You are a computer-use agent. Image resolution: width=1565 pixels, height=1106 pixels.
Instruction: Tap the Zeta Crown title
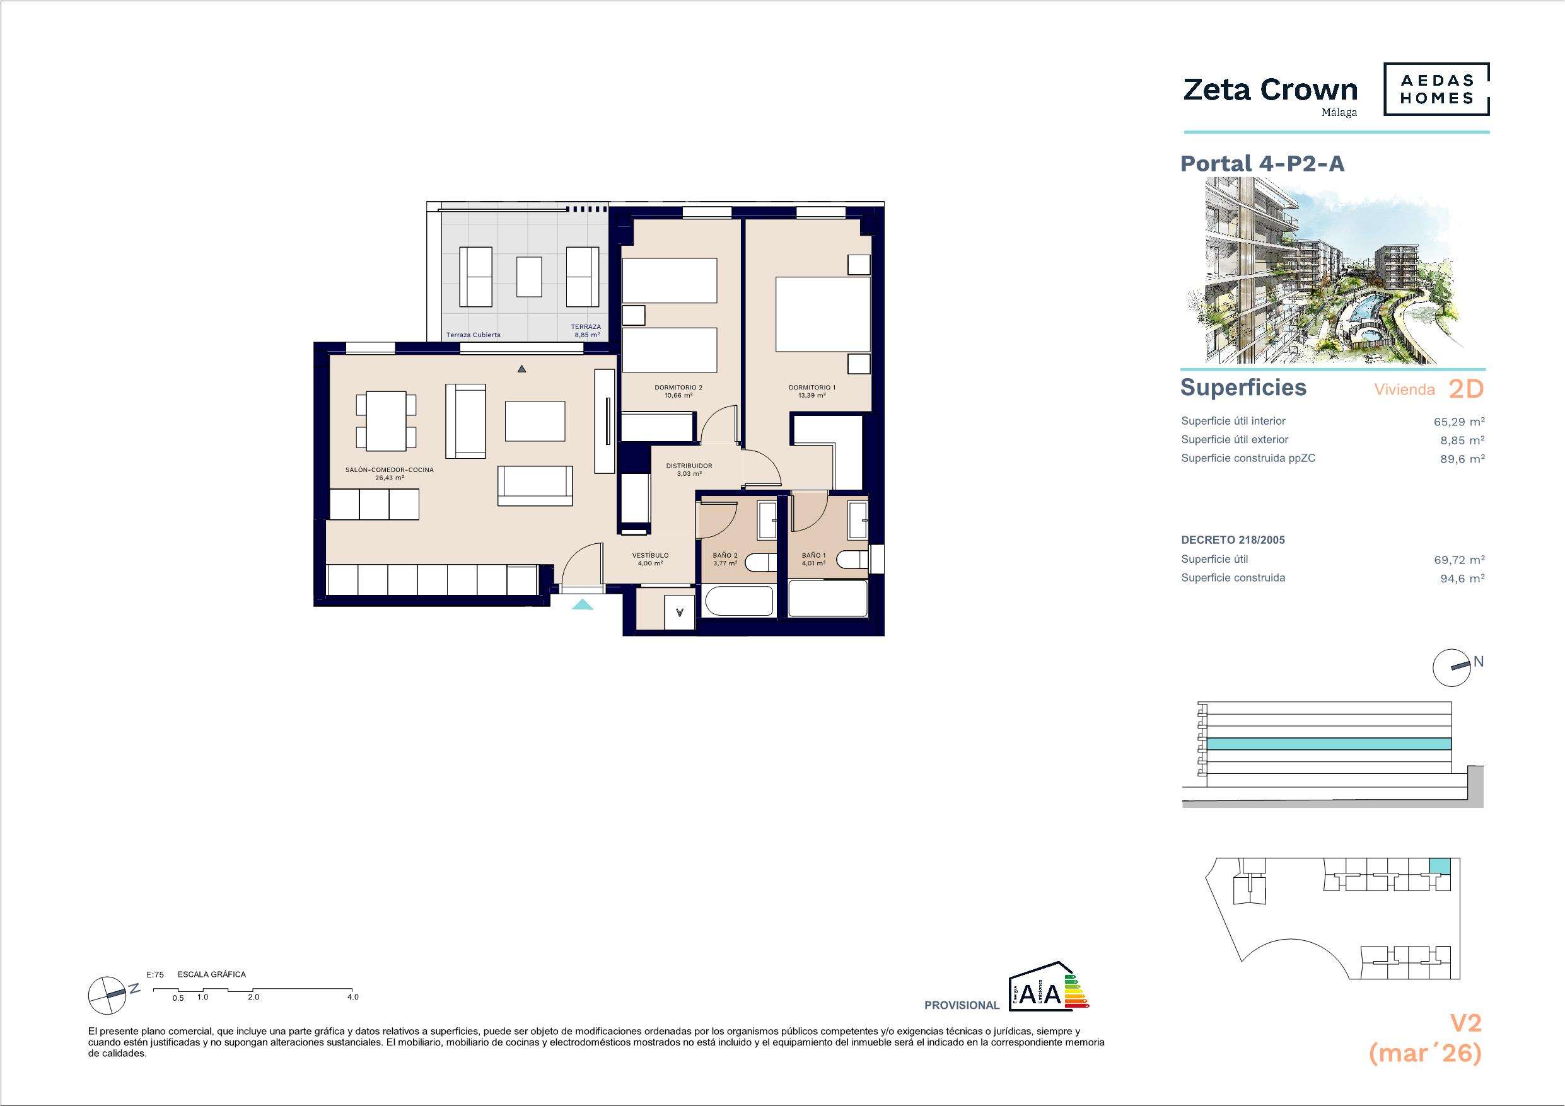(x=1271, y=89)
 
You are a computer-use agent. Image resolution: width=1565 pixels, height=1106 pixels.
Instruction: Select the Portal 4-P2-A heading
(x=1262, y=164)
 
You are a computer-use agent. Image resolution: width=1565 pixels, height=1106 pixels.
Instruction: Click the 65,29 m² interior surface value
(x=1459, y=421)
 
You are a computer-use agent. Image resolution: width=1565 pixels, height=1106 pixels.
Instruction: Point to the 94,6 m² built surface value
(x=1463, y=578)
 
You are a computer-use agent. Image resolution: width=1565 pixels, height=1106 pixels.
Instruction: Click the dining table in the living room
(x=387, y=421)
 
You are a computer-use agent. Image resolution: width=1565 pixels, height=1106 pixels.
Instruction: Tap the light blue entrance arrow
(x=582, y=604)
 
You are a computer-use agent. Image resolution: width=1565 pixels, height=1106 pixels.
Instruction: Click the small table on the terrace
(x=529, y=277)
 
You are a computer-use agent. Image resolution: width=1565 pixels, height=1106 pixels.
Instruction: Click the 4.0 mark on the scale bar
(x=352, y=997)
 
